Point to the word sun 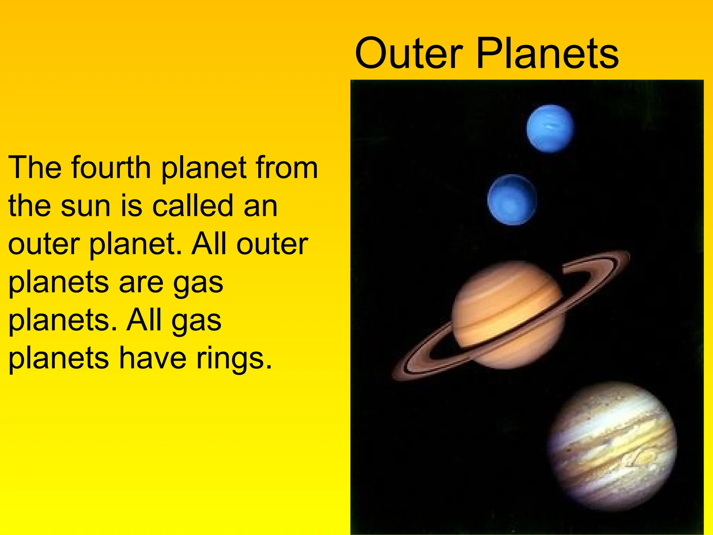click(86, 206)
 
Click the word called click(193, 206)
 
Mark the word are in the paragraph click(141, 282)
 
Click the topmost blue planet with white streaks click(550, 129)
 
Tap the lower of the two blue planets click(512, 200)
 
